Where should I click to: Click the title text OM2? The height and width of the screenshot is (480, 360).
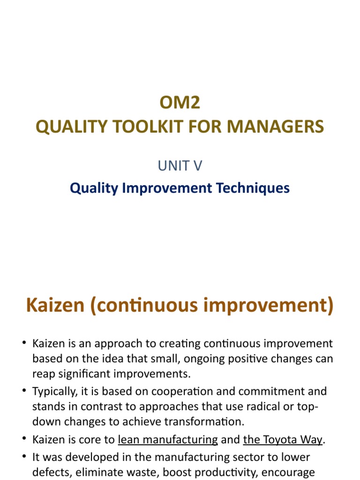[180, 103]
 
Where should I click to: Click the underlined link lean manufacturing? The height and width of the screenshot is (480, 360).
[168, 440]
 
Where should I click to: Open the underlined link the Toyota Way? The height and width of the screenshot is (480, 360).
[283, 440]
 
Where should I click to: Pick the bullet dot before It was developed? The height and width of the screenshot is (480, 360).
[25, 456]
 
